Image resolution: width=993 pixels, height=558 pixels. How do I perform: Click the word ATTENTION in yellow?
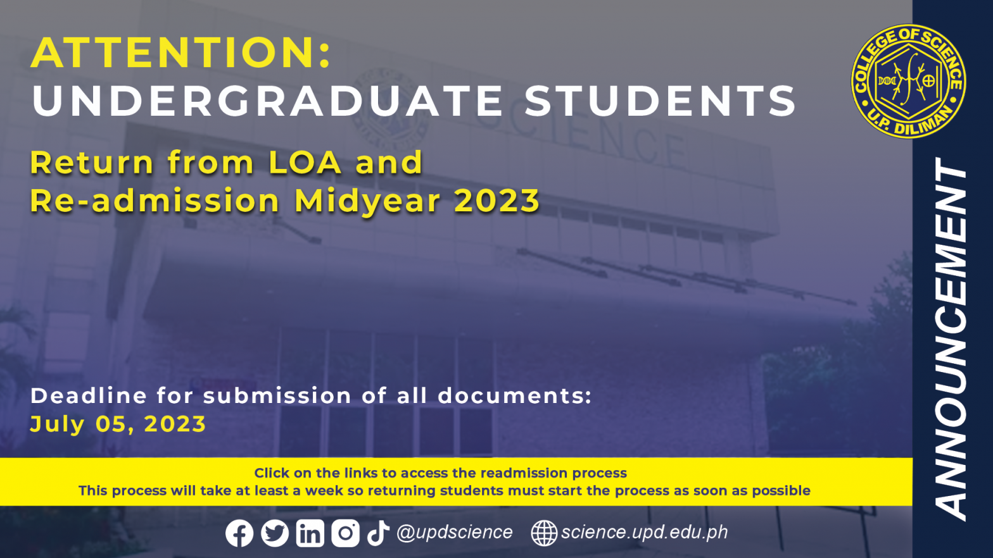[175, 53]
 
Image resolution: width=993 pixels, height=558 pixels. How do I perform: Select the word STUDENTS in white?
[660, 101]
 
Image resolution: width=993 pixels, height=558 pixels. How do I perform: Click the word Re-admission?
[155, 201]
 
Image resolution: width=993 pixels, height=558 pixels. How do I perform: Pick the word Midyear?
[367, 202]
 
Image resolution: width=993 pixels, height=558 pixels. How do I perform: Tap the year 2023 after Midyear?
[496, 201]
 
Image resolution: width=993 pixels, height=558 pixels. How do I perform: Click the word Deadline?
[88, 395]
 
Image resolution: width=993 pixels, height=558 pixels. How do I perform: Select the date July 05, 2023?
[118, 424]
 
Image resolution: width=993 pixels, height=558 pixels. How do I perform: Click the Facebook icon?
[239, 533]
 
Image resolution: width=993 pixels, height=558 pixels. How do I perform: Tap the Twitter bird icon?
[275, 533]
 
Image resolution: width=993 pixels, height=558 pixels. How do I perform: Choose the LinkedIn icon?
[310, 533]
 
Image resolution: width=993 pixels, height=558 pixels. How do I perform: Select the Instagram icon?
[345, 533]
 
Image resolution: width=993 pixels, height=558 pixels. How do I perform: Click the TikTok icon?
[377, 533]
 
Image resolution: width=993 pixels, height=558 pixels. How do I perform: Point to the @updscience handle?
[455, 532]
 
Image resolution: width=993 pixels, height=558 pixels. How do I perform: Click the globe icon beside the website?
[544, 533]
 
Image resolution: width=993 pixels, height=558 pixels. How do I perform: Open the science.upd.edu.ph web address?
[645, 532]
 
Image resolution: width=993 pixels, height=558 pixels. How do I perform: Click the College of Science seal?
[908, 81]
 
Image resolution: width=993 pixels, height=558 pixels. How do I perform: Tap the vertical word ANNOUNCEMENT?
[951, 339]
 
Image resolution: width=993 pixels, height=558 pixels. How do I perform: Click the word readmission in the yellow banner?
[524, 473]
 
